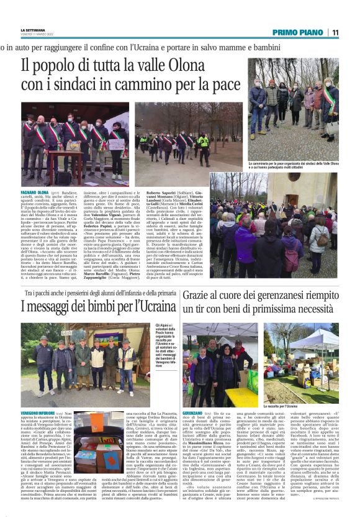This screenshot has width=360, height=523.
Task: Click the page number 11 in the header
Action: point(335,32)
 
